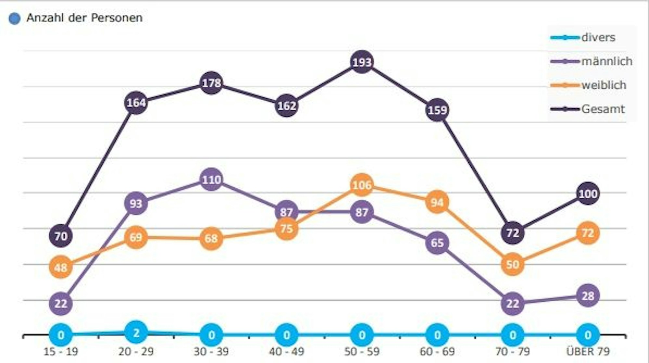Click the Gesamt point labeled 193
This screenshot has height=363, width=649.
pos(362,62)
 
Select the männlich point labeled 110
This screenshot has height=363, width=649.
pos(211,179)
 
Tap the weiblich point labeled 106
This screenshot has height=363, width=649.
pos(362,185)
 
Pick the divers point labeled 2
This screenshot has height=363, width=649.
pos(136,332)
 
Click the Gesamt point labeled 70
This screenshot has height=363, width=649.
pos(61,236)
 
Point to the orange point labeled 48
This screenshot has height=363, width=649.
pos(61,267)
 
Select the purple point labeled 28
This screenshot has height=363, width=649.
pos(588,295)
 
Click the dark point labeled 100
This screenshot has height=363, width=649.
pos(588,194)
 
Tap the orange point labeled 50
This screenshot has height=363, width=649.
pos(512,264)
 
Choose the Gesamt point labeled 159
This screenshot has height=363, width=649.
pos(437,110)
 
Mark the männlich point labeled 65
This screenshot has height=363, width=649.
pos(437,243)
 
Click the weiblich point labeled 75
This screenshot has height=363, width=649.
pos(286,228)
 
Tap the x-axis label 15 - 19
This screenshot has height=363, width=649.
pos(61,351)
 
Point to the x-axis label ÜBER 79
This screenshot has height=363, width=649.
pos(588,351)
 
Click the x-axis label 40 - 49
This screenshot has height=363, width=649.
pos(286,351)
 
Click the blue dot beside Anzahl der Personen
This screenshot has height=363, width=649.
pos(14,19)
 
